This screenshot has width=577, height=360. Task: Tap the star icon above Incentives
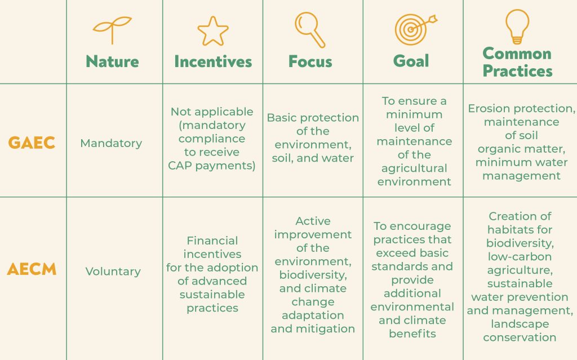pos(213,32)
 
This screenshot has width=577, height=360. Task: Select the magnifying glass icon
pos(310,30)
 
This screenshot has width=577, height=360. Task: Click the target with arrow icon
pos(416,29)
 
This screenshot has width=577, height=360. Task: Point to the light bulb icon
pos(517,26)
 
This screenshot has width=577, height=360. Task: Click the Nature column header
pos(112,61)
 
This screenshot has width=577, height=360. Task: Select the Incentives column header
pos(213,61)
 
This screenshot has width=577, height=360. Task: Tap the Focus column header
pos(310,61)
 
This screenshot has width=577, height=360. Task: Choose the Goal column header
pos(411,61)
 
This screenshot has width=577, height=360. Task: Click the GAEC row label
pos(32,143)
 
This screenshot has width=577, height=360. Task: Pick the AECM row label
pos(32,269)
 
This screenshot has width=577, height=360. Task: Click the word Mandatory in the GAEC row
pos(111,143)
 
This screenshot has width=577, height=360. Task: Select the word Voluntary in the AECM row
pos(113,272)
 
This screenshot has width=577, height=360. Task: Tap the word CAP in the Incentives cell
pos(180,166)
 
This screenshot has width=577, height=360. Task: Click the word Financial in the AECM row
pos(212,241)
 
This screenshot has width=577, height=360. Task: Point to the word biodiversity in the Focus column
pos(313,275)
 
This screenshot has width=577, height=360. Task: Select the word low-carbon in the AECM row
pos(520,256)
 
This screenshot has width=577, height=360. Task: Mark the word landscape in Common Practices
pos(520,324)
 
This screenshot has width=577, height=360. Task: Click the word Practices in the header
pos(518,70)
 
